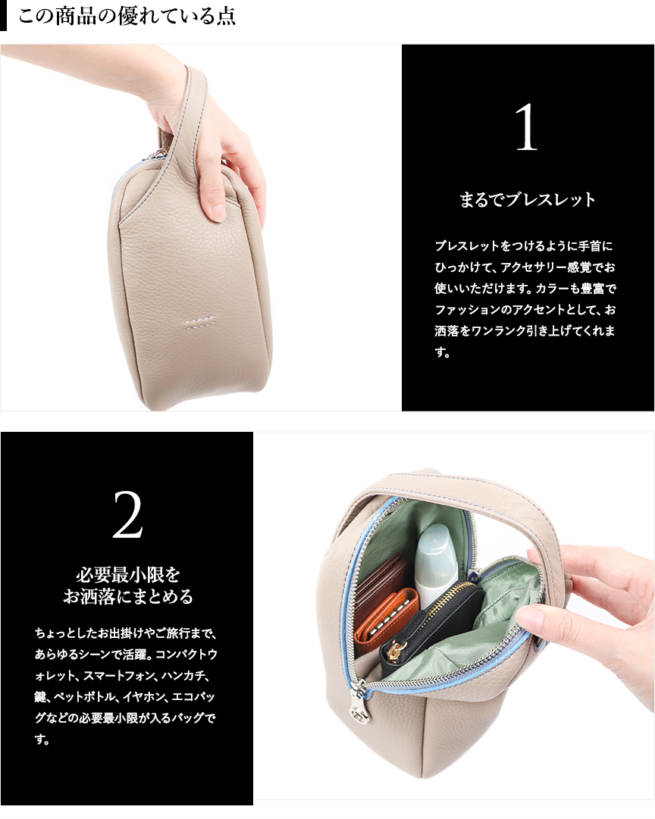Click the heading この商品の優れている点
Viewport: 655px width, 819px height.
point(127,16)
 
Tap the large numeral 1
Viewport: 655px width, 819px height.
point(526,127)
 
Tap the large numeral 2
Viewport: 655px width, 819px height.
point(127,514)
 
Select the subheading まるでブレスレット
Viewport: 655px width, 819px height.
point(528,199)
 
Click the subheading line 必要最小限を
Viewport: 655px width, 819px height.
point(128,574)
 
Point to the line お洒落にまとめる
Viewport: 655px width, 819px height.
point(128,596)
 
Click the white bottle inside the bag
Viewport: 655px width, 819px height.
point(433,565)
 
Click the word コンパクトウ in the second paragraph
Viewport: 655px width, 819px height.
point(186,654)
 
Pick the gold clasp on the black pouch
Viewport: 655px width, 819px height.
point(395,650)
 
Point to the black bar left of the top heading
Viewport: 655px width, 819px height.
point(3,16)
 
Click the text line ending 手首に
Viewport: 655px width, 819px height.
point(523,245)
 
